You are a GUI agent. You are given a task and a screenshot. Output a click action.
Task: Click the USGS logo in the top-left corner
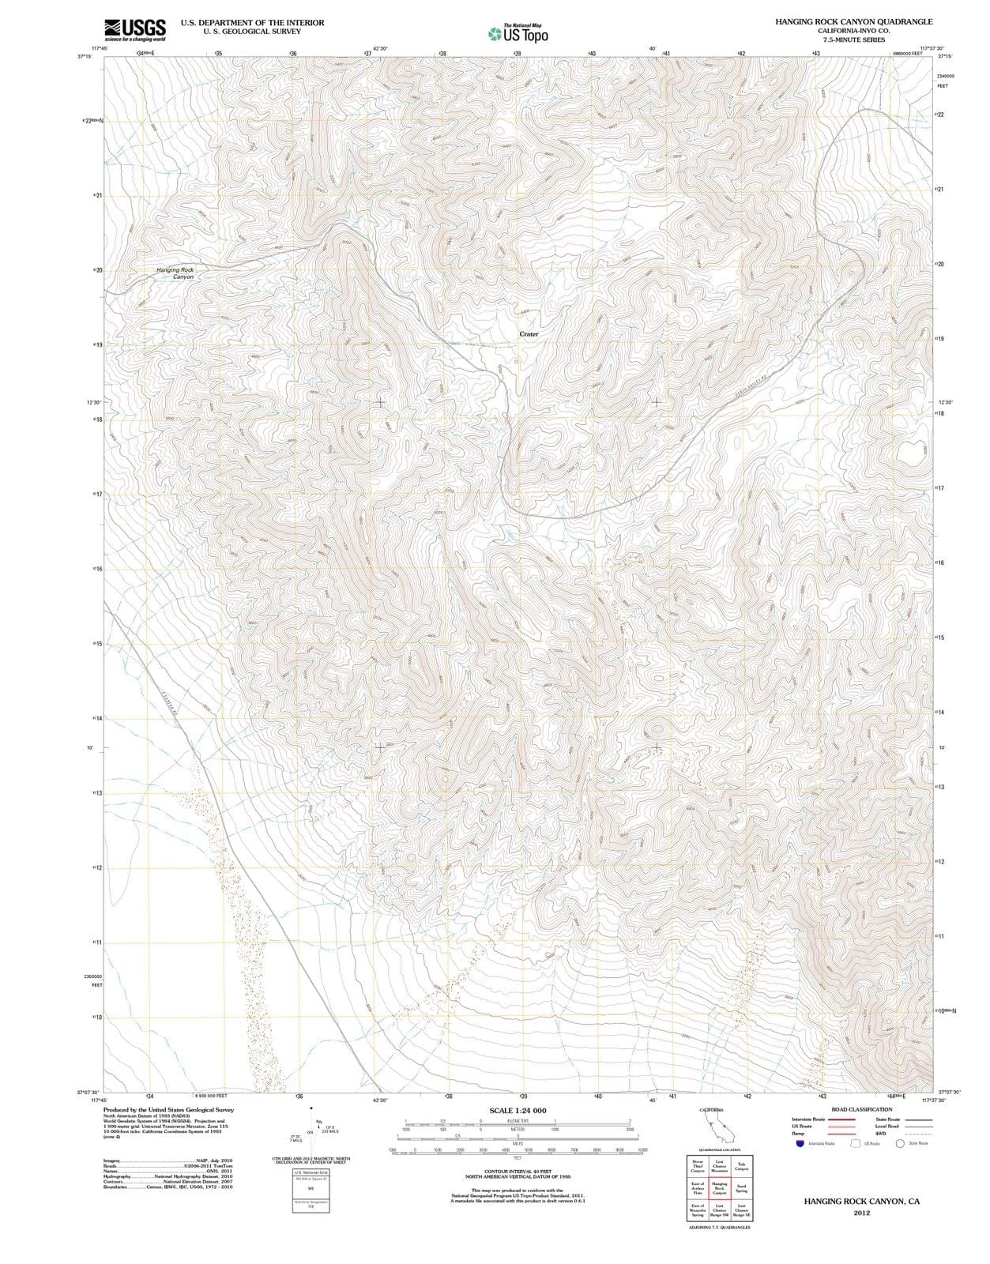(x=135, y=29)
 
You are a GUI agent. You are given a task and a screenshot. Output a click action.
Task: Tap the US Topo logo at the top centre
(x=518, y=34)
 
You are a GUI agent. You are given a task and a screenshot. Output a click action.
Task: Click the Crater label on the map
(x=529, y=334)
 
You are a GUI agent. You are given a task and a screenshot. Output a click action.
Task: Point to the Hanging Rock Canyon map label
(x=175, y=273)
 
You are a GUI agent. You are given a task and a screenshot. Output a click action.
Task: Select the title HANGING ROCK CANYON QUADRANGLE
(x=853, y=22)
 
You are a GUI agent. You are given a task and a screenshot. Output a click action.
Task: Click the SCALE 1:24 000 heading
(x=518, y=1111)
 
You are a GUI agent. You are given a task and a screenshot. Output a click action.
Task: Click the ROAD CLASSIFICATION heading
(x=861, y=1109)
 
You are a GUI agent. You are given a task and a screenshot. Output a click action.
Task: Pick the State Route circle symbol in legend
(x=900, y=1143)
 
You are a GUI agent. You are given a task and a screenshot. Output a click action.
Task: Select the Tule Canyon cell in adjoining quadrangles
(x=742, y=1166)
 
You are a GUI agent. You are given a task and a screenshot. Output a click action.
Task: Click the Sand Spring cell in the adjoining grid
(x=742, y=1187)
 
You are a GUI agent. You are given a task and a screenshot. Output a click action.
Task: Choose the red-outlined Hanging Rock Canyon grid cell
(x=720, y=1187)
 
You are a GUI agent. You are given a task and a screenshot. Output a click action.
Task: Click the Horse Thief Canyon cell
(x=698, y=1166)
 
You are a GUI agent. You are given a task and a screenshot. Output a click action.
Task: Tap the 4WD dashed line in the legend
(x=915, y=1134)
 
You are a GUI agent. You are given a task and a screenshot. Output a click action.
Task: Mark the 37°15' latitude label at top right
(x=945, y=56)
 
